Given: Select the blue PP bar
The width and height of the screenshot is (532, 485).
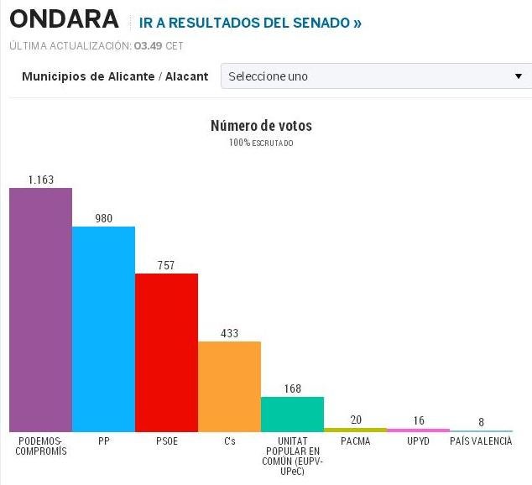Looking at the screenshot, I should point(103,328).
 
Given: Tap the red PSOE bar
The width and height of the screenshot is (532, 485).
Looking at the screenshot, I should point(166,352).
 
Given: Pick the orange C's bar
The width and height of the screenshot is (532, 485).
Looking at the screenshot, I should point(229,386).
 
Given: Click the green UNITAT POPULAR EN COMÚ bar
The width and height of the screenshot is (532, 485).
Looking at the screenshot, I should point(292,414).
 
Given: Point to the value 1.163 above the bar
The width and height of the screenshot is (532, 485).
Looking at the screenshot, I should point(40,180).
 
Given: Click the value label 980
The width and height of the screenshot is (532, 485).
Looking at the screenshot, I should point(103,218).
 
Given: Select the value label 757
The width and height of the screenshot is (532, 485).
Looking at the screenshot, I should point(166,265).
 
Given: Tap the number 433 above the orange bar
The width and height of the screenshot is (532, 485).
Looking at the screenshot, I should point(229,333).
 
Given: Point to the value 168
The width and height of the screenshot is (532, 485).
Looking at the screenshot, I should point(292,389).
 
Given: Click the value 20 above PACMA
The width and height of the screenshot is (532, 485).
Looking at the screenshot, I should point(355,420).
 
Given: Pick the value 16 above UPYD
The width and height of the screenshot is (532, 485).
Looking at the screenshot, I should point(418,420).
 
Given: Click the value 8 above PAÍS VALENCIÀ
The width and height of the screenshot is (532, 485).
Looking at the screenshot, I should point(481,422).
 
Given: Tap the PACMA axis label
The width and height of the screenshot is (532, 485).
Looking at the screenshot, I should point(355,441).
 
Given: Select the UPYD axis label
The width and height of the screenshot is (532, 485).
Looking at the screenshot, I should point(418,441).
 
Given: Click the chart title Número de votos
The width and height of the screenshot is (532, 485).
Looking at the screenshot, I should point(261,126).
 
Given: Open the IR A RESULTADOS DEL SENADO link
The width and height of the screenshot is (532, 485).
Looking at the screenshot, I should point(250,23).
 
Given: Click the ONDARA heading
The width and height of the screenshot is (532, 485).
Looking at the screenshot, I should point(63,20).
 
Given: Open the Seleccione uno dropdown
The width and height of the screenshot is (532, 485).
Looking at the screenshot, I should point(375,76).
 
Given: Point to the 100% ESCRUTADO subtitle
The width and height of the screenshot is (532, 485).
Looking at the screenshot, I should point(261,143).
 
